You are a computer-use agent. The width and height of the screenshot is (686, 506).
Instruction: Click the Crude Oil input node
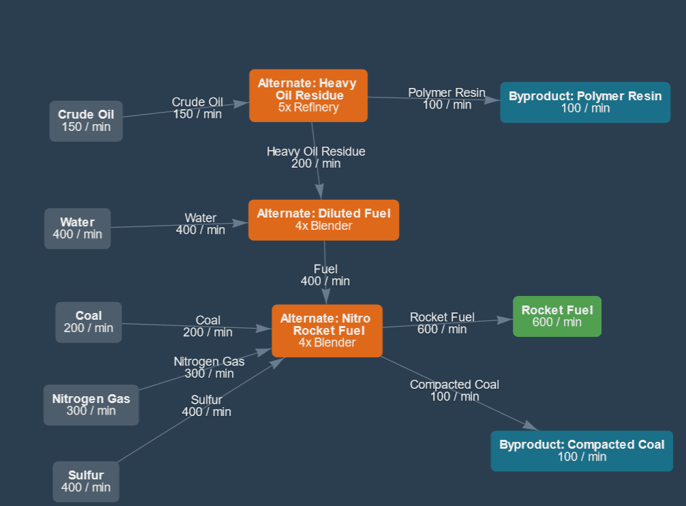(86, 121)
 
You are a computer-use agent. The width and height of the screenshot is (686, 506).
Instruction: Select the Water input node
(77, 228)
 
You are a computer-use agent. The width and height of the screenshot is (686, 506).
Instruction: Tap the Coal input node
(89, 322)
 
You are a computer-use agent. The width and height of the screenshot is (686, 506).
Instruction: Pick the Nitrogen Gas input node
(91, 404)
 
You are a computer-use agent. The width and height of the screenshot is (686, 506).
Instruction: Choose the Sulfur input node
(86, 481)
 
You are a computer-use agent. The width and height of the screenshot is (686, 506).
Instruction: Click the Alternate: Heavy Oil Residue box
(308, 95)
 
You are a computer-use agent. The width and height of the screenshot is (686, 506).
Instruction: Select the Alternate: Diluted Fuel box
(323, 220)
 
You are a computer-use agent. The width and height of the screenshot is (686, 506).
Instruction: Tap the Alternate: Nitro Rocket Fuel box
(327, 331)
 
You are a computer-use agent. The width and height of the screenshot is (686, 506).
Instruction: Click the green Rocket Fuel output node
(556, 316)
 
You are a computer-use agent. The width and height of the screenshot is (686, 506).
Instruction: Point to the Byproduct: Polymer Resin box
(584, 102)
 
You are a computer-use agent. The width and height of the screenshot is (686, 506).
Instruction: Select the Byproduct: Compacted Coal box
(581, 451)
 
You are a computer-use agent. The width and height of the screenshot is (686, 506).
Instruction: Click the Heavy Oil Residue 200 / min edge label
(316, 158)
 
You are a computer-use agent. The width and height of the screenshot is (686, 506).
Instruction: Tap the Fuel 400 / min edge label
(325, 275)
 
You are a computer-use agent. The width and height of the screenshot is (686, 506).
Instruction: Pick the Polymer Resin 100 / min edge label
(447, 98)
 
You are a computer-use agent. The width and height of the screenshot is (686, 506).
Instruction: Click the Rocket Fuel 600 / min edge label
(442, 323)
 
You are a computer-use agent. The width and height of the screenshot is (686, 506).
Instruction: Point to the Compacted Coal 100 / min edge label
(454, 391)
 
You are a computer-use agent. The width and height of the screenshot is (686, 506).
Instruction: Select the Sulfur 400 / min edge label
(207, 406)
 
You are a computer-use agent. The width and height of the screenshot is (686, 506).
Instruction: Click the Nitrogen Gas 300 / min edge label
(209, 368)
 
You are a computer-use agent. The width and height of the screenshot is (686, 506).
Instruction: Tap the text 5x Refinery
(308, 107)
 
